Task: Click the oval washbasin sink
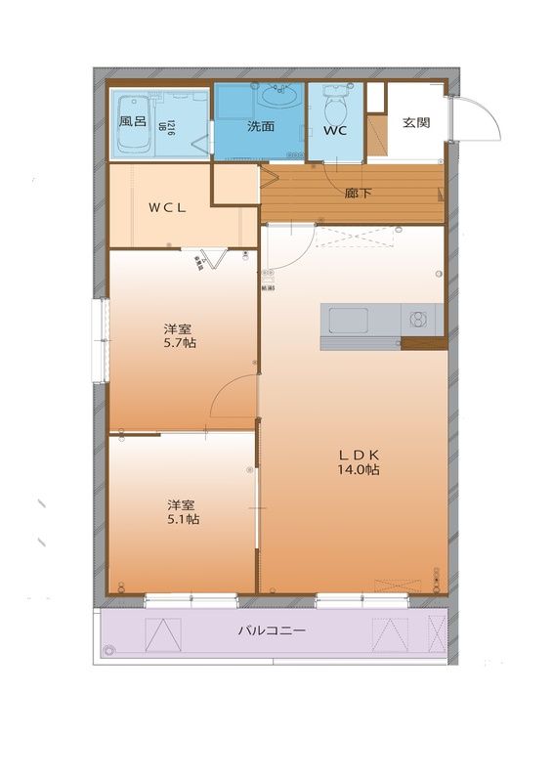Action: click(x=280, y=97)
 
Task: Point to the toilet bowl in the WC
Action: click(x=332, y=101)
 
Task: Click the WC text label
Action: click(x=335, y=129)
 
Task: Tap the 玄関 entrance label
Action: click(x=415, y=123)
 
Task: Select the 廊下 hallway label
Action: click(x=358, y=194)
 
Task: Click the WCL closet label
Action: click(x=167, y=207)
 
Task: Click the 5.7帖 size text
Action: click(x=179, y=343)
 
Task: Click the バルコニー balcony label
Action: click(x=272, y=631)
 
